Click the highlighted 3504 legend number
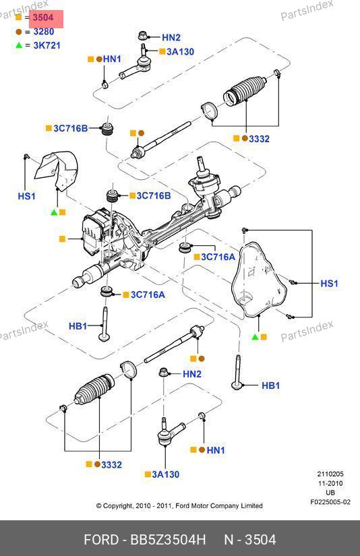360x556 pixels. [43, 18]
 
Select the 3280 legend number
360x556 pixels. [44, 32]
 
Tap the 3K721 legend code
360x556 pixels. [47, 45]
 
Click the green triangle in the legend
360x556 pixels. [19, 45]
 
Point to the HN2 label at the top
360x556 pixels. [171, 38]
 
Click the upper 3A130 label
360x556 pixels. [180, 52]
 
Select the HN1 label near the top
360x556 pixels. [112, 59]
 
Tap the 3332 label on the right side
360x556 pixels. [259, 139]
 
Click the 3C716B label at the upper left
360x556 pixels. [71, 128]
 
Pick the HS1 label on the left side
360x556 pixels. [26, 196]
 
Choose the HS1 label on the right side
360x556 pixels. [329, 283]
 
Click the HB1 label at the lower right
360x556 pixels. [270, 385]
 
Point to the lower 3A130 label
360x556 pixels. [166, 474]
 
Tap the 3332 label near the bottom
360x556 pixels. [111, 464]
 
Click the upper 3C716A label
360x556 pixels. [218, 257]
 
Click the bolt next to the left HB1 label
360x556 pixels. [104, 324]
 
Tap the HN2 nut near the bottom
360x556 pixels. [164, 373]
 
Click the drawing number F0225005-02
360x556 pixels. [330, 501]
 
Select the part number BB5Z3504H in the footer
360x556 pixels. [168, 540]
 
